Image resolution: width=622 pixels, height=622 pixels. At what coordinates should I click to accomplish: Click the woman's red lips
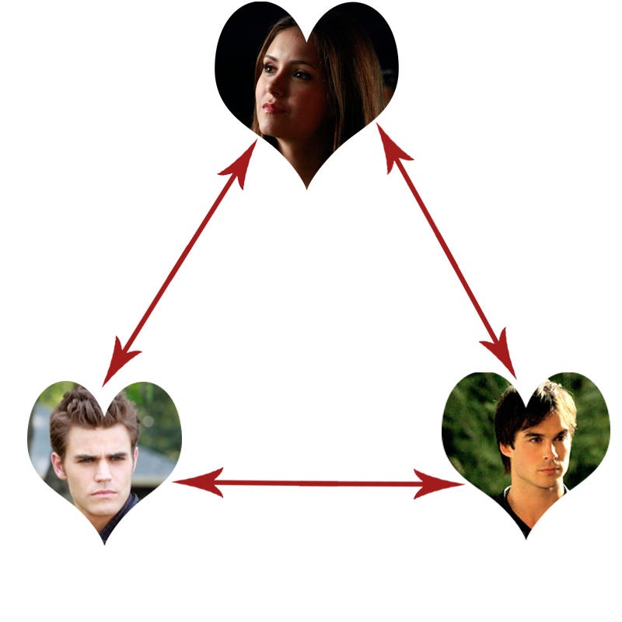(x=272, y=107)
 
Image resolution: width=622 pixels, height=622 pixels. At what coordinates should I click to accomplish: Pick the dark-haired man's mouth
(x=550, y=471)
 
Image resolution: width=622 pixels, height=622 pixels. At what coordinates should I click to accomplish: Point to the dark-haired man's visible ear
(x=508, y=451)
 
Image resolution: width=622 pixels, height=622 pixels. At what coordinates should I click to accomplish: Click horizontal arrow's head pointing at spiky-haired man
(x=194, y=483)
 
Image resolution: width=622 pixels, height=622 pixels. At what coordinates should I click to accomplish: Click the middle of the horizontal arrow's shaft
(x=319, y=484)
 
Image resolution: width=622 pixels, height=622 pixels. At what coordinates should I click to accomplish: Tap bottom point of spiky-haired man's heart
(x=104, y=543)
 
